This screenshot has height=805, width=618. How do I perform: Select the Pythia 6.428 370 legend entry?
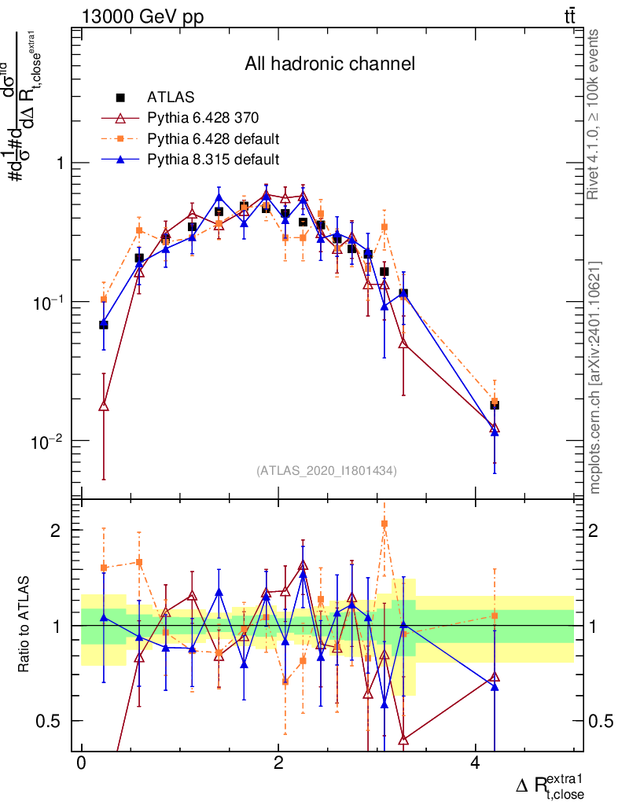pyautogui.click(x=202, y=118)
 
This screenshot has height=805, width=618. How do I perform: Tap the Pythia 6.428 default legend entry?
pyautogui.click(x=213, y=139)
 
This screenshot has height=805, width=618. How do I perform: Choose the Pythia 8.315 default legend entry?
pyautogui.click(x=213, y=160)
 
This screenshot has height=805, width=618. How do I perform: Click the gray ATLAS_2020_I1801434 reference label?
pyautogui.click(x=326, y=471)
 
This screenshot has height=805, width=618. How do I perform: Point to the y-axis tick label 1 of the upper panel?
pyautogui.click(x=61, y=164)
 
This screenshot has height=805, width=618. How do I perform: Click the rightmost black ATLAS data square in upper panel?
pyautogui.click(x=495, y=405)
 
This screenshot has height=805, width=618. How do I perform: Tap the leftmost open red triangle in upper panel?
pyautogui.click(x=104, y=406)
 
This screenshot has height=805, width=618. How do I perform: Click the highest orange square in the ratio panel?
pyautogui.click(x=384, y=523)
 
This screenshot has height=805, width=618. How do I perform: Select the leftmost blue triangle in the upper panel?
pyautogui.click(x=104, y=322)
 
